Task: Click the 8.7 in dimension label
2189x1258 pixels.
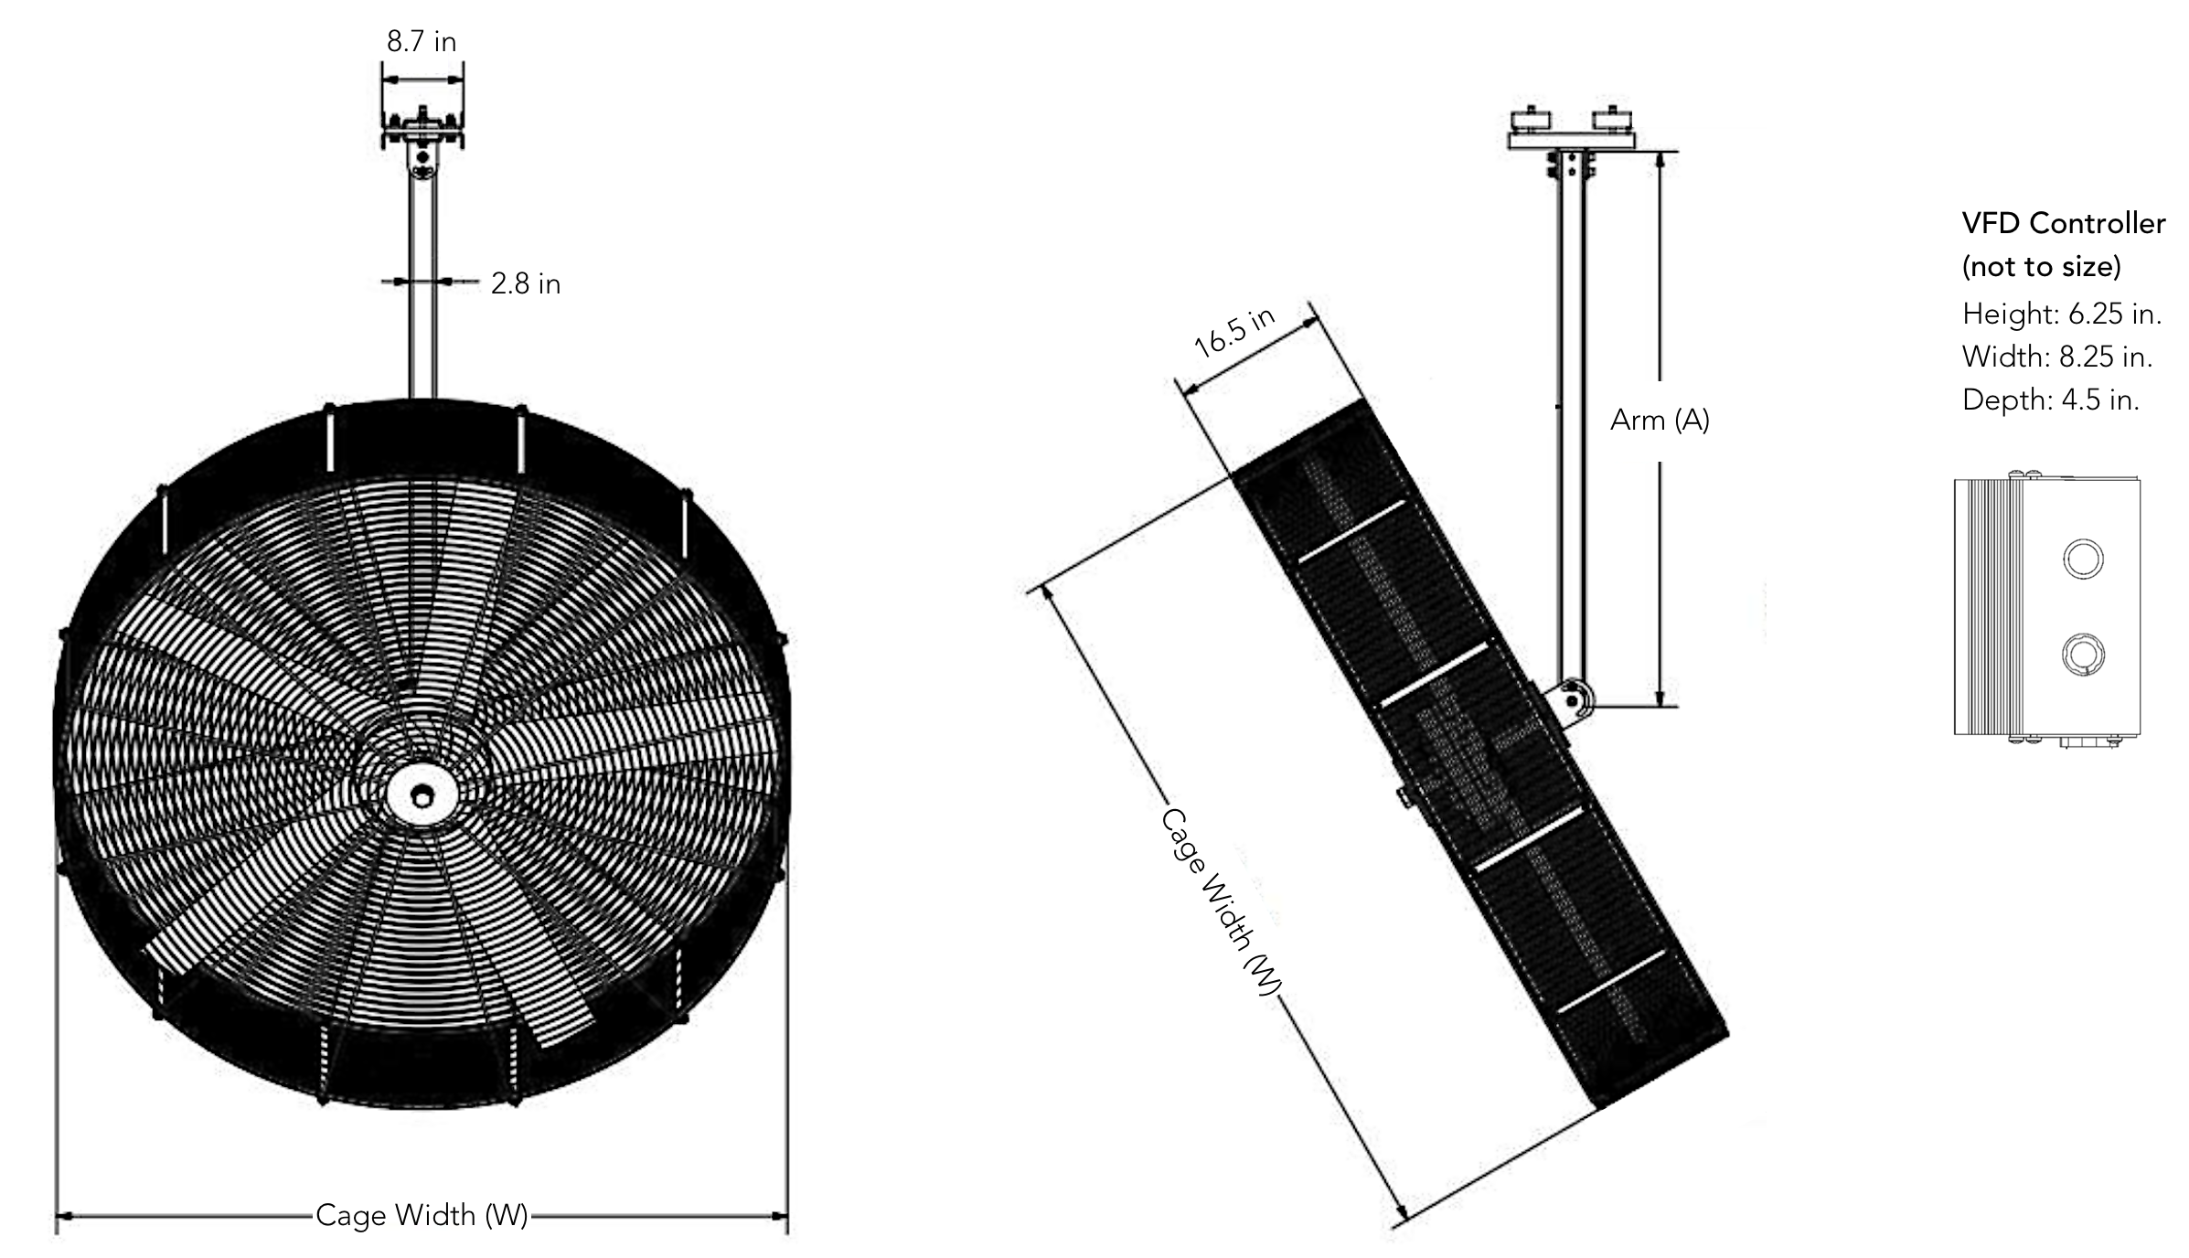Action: [421, 42]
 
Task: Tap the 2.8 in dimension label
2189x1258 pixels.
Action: [525, 284]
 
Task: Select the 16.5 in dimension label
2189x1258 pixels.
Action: [1233, 332]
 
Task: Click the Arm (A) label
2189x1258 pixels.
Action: [1659, 421]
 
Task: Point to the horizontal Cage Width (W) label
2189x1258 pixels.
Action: [422, 1215]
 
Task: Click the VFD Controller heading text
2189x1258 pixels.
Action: [2063, 224]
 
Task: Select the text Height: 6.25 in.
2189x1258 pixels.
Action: [2061, 314]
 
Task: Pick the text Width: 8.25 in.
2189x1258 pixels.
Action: [2056, 357]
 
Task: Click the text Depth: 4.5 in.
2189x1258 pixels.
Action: [2050, 400]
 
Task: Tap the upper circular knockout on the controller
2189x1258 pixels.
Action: [2083, 559]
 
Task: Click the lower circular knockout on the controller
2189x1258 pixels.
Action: [2083, 655]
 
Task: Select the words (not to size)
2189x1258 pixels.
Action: [2041, 267]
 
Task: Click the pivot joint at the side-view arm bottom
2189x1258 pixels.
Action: [1573, 699]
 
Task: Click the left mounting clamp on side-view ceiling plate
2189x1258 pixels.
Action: [1531, 119]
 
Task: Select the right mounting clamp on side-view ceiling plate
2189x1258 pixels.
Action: [1611, 119]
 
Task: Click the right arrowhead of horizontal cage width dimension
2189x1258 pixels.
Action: [779, 1216]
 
